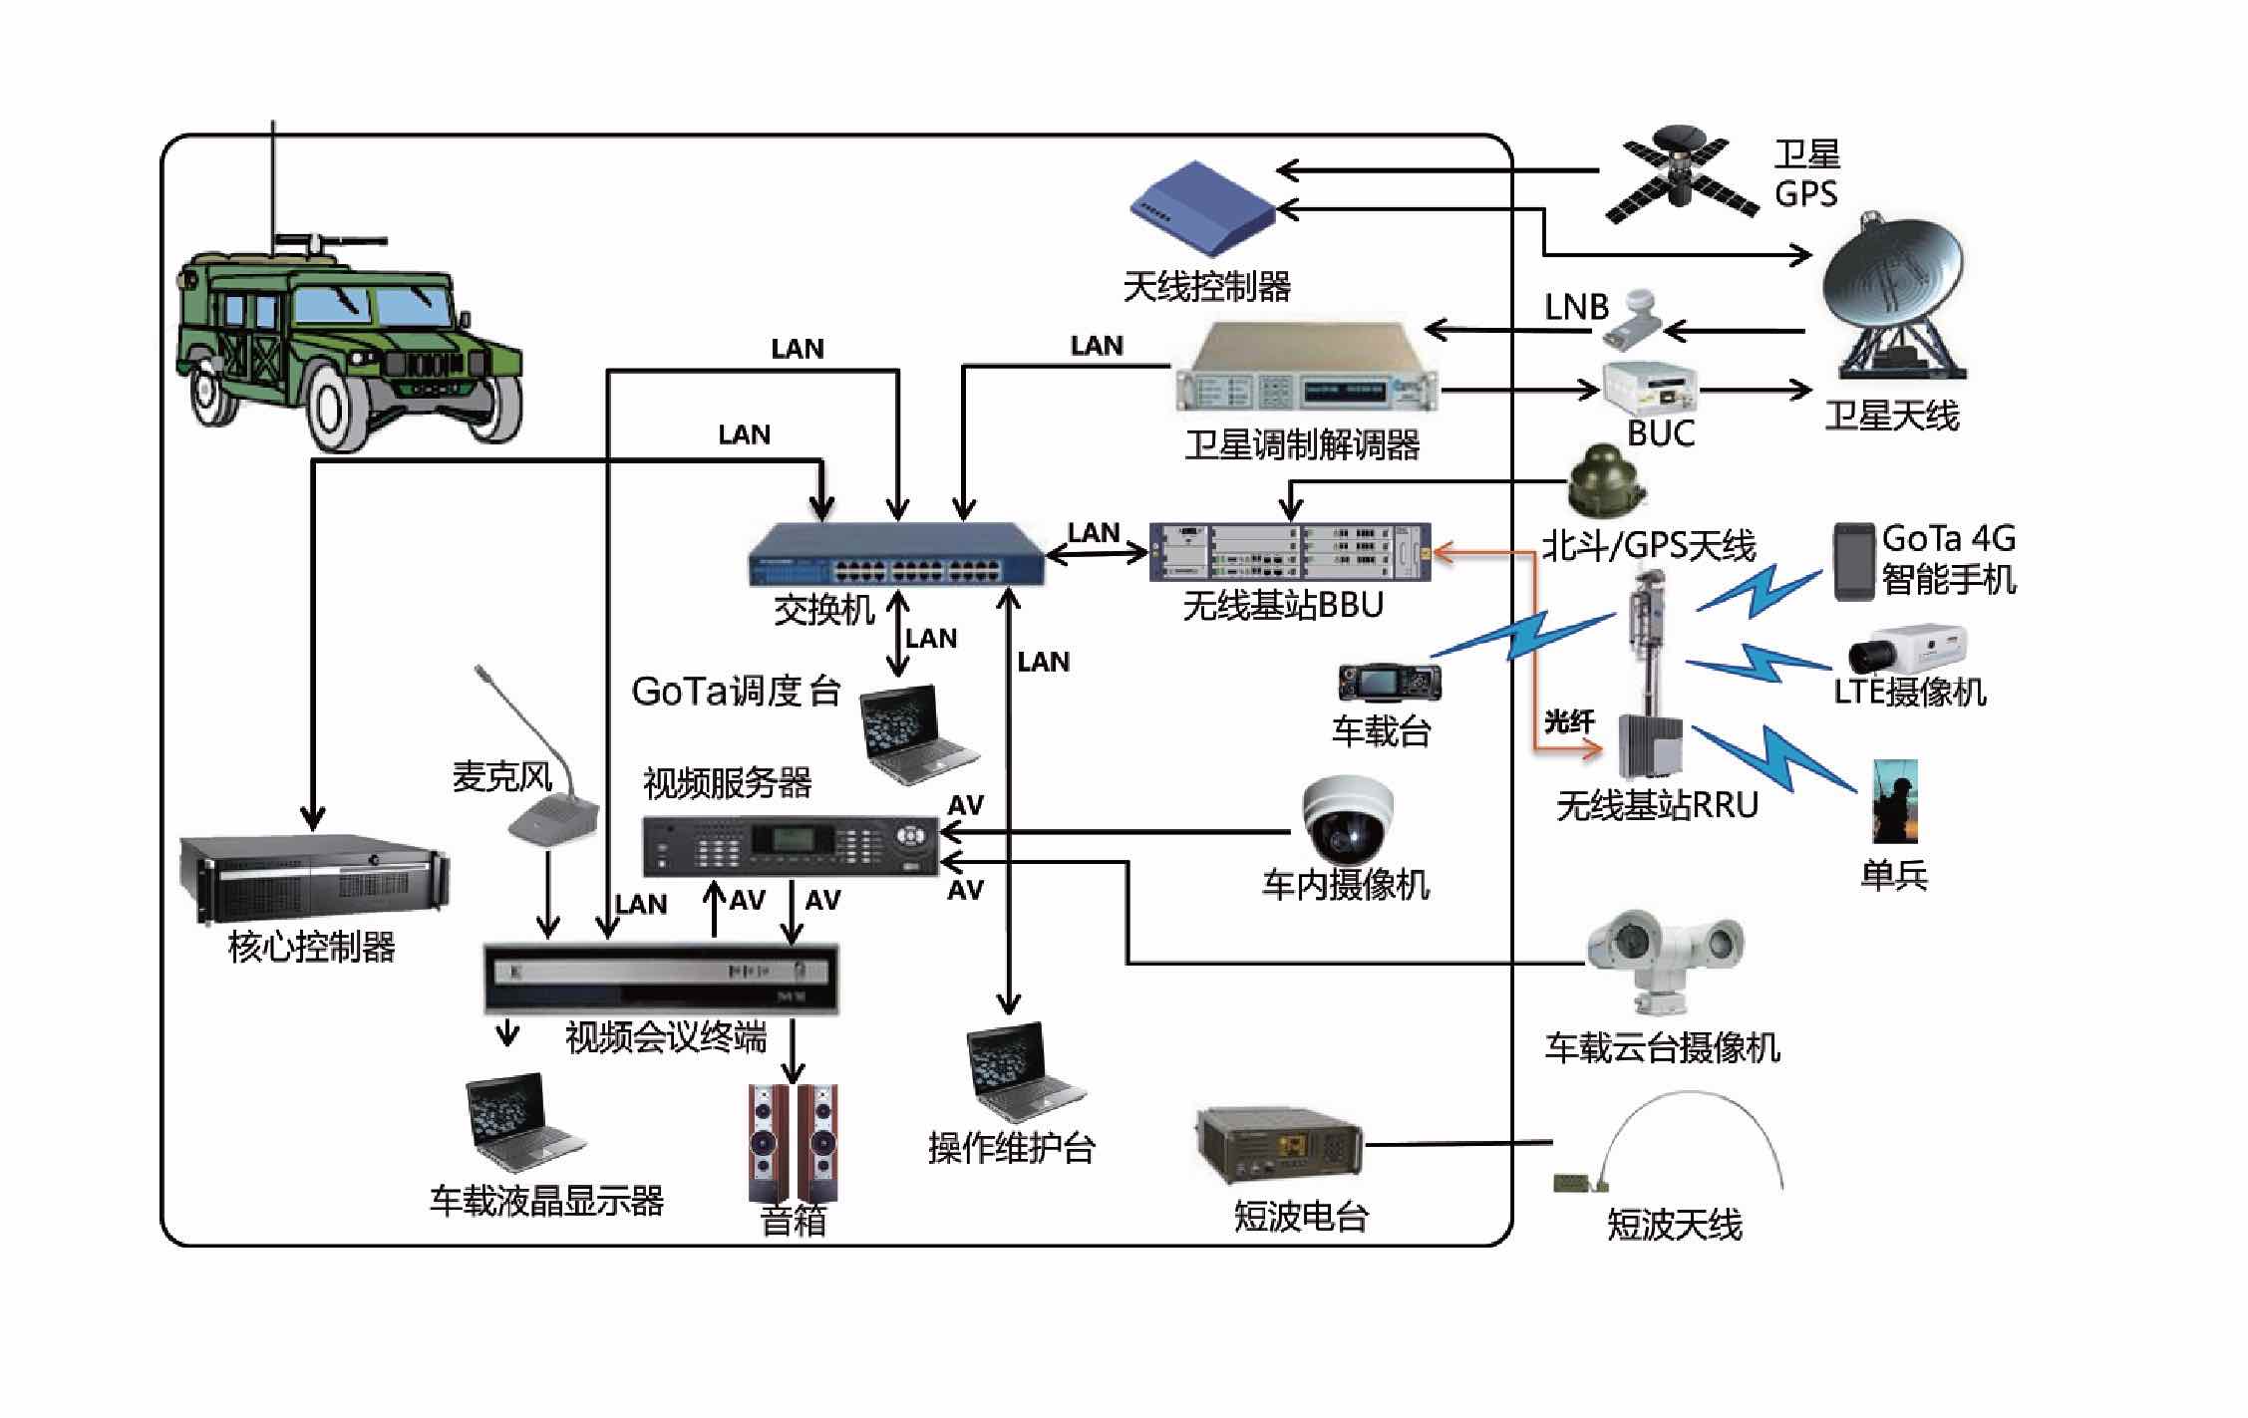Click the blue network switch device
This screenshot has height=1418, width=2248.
click(896, 555)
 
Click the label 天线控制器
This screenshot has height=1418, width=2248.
click(1206, 287)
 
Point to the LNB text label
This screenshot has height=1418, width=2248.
click(1576, 307)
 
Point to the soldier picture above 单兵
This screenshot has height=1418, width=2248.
click(1894, 801)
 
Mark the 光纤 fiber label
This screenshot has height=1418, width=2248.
click(1569, 721)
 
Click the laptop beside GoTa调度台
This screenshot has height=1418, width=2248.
click(918, 732)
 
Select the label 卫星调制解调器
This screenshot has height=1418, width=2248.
click(1302, 445)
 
